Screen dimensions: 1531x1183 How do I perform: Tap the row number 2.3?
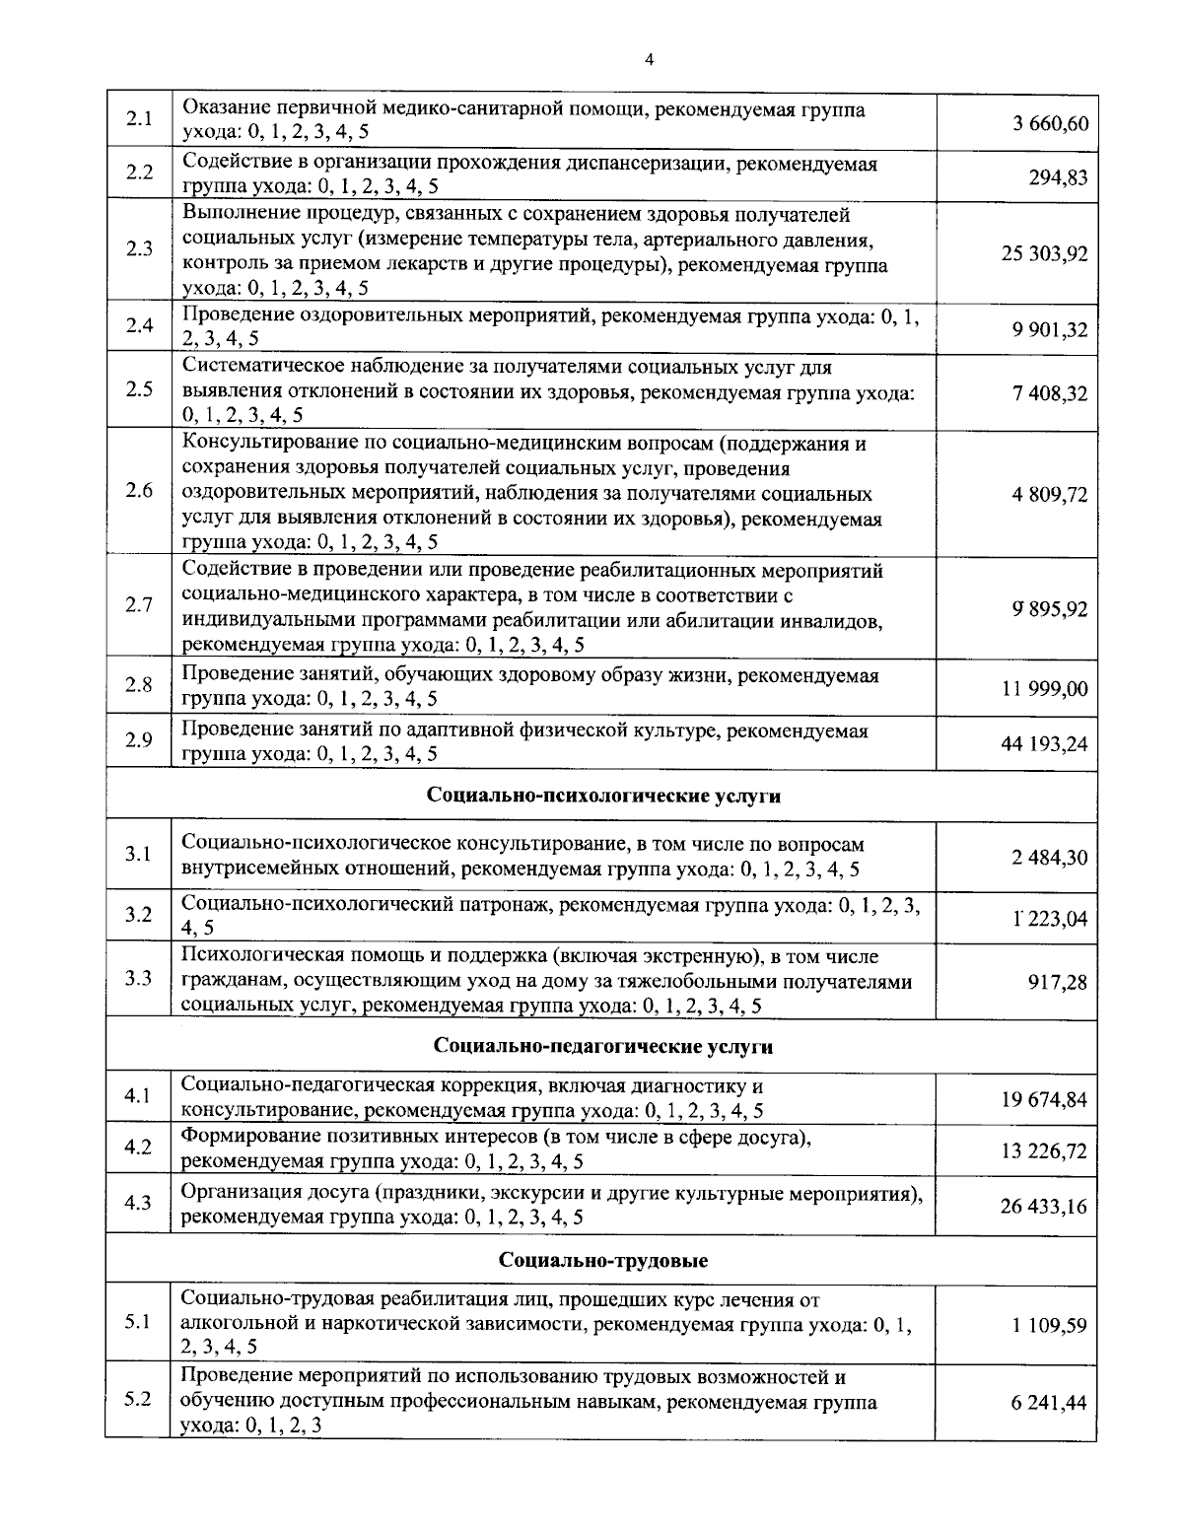[139, 248]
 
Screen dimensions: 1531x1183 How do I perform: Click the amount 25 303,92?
[1045, 253]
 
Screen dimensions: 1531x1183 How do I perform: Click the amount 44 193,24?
[1045, 743]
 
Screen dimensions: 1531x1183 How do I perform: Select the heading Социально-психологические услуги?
[603, 796]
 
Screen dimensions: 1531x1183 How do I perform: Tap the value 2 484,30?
[1049, 858]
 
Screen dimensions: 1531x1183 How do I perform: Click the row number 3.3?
[139, 978]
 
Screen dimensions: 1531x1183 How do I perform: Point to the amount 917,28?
[1058, 983]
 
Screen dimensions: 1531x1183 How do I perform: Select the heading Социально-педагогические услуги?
[603, 1046]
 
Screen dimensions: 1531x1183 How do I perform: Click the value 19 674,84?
[1045, 1099]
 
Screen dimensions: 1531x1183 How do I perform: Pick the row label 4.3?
[139, 1203]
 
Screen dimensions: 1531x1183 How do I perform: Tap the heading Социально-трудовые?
[603, 1260]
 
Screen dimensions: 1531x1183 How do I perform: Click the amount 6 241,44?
[1049, 1403]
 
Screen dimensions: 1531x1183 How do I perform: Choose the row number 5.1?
[139, 1321]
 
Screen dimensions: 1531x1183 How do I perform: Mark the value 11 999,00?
[1045, 688]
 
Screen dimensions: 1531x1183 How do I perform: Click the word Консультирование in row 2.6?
[262, 444]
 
